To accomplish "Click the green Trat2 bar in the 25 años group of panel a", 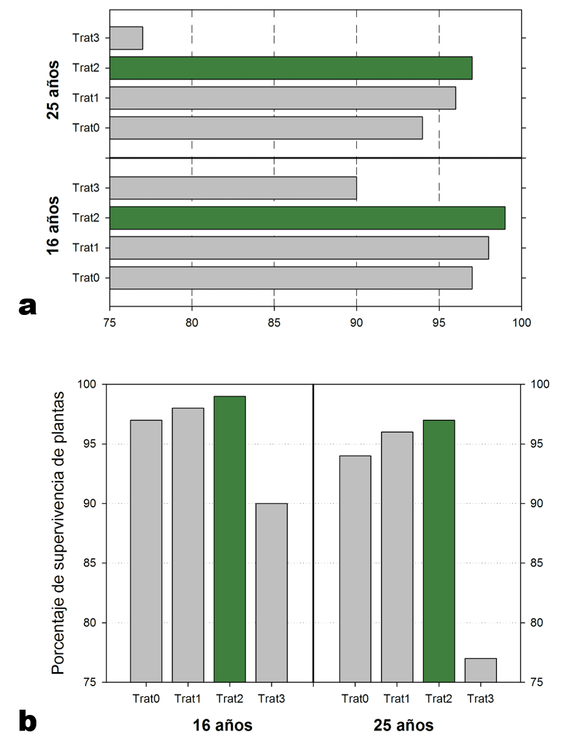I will [291, 68].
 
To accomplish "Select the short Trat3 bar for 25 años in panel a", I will [126, 38].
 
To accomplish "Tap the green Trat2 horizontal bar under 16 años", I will [307, 218].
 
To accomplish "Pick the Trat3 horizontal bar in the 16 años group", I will [233, 188].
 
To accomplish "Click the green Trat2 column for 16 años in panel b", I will [230, 539].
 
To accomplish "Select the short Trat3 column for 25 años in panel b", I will [481, 670].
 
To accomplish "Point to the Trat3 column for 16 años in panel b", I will [271, 592].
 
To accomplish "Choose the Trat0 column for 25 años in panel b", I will [355, 569].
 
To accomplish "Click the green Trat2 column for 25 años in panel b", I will [439, 551].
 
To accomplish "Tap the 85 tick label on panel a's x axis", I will [274, 323].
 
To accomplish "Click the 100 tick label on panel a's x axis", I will [522, 323].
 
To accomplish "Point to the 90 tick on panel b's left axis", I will [90, 503].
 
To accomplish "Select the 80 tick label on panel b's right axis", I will [537, 623].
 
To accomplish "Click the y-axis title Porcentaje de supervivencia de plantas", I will [57, 533].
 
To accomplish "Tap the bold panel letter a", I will [28, 305].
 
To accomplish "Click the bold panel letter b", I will [28, 721].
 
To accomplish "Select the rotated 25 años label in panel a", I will [53, 89].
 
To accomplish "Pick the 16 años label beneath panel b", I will [223, 726].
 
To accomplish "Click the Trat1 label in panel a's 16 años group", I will [86, 248].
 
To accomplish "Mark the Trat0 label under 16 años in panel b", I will [146, 699].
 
